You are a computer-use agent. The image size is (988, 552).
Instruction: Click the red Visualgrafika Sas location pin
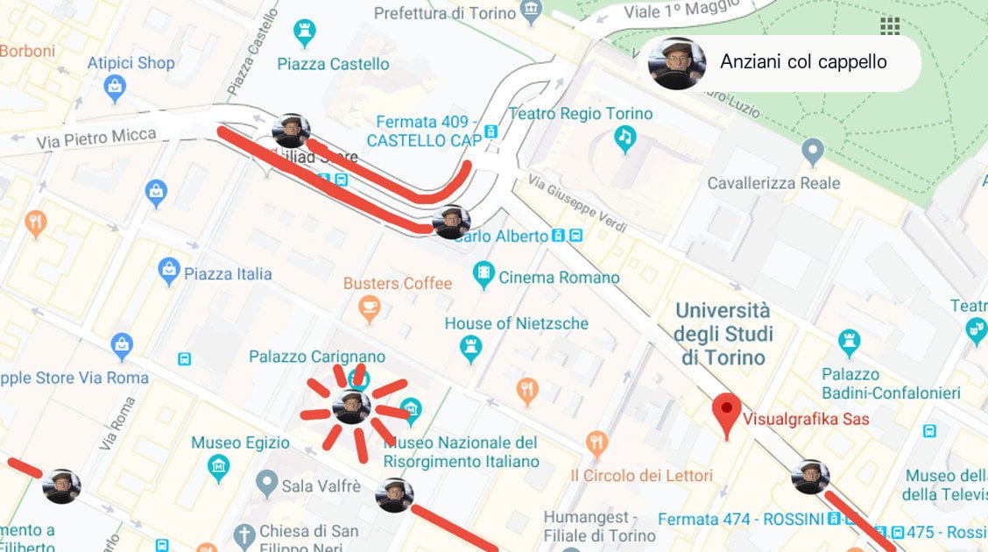pos(726,414)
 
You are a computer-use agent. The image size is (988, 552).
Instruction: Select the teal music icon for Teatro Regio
pos(625,139)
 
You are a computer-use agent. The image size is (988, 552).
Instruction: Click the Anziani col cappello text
pos(803,62)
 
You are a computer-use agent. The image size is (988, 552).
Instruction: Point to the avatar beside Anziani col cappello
pos(676,63)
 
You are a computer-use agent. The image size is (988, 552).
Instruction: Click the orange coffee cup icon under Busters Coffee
pos(370,308)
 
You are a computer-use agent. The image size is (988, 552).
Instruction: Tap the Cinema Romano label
pos(559,277)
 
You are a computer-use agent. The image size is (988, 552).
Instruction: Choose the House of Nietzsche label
pos(516,323)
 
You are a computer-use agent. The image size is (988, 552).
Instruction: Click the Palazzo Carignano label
pos(317,357)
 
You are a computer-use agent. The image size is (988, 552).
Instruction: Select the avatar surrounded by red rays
pos(351,407)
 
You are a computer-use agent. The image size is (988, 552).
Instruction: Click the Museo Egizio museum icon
pos(219,469)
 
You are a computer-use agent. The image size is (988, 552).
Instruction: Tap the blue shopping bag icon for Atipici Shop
pos(115,88)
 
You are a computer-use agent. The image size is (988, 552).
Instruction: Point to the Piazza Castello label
pos(333,64)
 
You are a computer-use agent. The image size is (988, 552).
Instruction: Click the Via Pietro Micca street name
pos(96,138)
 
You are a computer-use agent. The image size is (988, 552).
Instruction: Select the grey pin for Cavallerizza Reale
pos(813,152)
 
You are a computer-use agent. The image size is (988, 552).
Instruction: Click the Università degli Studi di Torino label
pos(723,334)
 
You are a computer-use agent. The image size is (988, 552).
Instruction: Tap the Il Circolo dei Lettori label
pos(641,476)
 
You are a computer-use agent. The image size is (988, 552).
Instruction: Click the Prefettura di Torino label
pos(445,13)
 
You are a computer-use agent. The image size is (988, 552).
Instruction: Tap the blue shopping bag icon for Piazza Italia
pos(170,272)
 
